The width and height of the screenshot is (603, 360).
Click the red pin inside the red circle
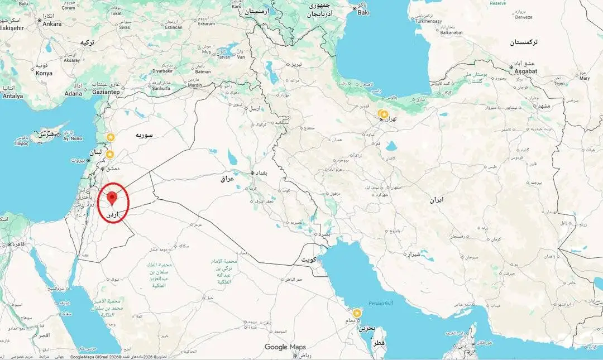[113, 196]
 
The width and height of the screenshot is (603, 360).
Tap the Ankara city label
[52, 24]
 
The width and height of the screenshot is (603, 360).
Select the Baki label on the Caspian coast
[363, 12]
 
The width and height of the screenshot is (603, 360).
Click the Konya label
[44, 73]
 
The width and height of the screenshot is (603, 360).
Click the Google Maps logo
[285, 347]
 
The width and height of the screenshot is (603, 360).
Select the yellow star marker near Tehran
[384, 114]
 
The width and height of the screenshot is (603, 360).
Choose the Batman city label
[203, 71]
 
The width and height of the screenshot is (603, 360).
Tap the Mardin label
[195, 85]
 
